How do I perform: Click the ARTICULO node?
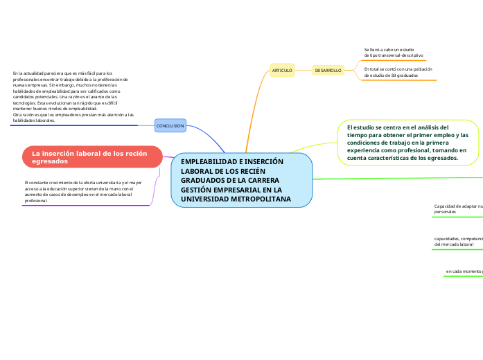pos(282,71)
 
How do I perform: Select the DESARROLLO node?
pos(328,71)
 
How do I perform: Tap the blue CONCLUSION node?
pos(170,126)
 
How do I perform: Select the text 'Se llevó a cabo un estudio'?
pos(389,50)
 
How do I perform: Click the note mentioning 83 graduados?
pos(398,72)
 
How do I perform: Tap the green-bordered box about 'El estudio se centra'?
pos(408,143)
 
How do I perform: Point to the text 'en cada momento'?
pos(463,271)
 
